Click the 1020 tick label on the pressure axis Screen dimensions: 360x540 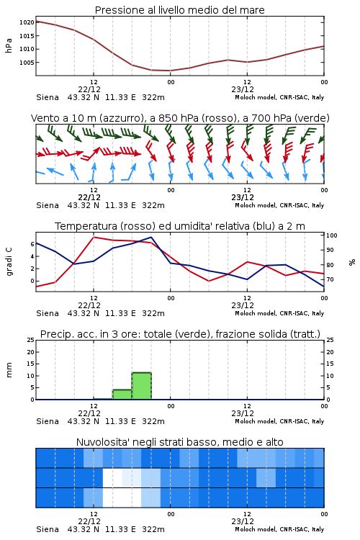click(x=27, y=22)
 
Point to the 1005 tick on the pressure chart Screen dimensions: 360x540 click(x=27, y=63)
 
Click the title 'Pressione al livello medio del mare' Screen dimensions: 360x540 click(x=180, y=10)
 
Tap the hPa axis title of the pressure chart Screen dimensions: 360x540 click(x=9, y=45)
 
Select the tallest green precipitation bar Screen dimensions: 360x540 click(x=142, y=386)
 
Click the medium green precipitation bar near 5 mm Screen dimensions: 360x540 click(x=122, y=395)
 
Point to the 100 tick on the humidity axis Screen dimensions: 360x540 click(x=332, y=235)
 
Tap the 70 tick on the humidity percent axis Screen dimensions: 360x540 click(x=330, y=279)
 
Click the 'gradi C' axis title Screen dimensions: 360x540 click(x=9, y=261)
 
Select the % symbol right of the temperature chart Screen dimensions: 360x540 click(x=352, y=262)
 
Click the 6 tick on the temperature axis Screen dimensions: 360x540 click(x=32, y=244)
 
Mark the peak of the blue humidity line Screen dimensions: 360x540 click(x=151, y=237)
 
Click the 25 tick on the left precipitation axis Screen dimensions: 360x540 click(x=31, y=340)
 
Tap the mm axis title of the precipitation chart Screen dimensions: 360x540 click(x=9, y=370)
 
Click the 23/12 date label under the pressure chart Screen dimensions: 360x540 click(x=243, y=89)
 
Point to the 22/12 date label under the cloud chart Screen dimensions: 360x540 click(x=89, y=521)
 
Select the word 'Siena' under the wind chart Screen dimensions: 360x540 click(x=48, y=205)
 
